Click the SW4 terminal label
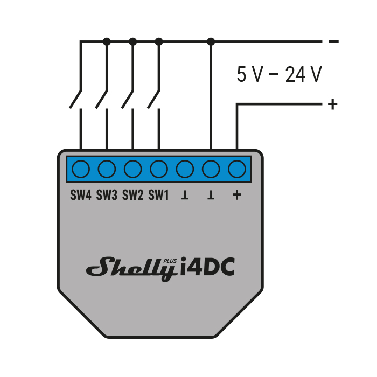[81, 196]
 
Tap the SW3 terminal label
[107, 196]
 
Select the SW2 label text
[132, 196]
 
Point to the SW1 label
[158, 196]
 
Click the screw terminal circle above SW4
[81, 169]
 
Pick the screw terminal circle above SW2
[132, 169]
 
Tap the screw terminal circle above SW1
[158, 169]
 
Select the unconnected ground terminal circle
[185, 169]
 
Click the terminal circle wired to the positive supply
[237, 169]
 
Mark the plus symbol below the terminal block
[236, 195]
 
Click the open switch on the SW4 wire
[76, 98]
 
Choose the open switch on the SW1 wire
[154, 98]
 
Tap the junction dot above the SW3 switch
[107, 41]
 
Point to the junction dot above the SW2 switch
[133, 41]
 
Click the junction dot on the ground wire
[211, 41]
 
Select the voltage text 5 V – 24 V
[279, 75]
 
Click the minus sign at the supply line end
[333, 41]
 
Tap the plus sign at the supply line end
[333, 103]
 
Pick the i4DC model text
[208, 266]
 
